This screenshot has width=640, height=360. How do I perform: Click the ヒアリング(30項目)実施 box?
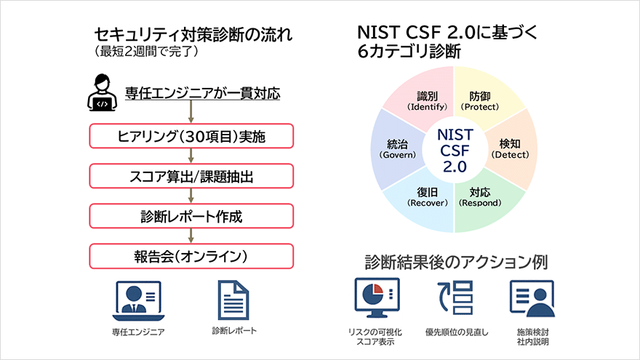[x=191, y=135]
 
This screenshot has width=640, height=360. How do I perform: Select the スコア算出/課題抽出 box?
[x=191, y=175]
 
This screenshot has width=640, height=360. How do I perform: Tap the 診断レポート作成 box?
[x=191, y=215]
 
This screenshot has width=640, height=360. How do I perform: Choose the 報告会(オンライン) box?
[x=191, y=255]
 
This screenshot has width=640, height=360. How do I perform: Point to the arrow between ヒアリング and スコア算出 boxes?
[x=191, y=155]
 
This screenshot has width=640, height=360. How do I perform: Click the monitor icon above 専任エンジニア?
[x=138, y=300]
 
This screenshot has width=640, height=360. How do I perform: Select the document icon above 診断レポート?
[x=233, y=300]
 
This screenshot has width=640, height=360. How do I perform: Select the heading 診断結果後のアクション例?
[x=455, y=261]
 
